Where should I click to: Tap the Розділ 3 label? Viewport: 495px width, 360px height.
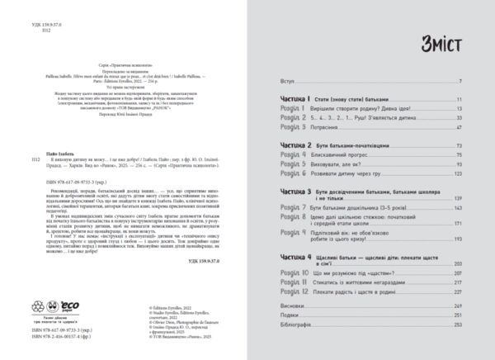point(270,130)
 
